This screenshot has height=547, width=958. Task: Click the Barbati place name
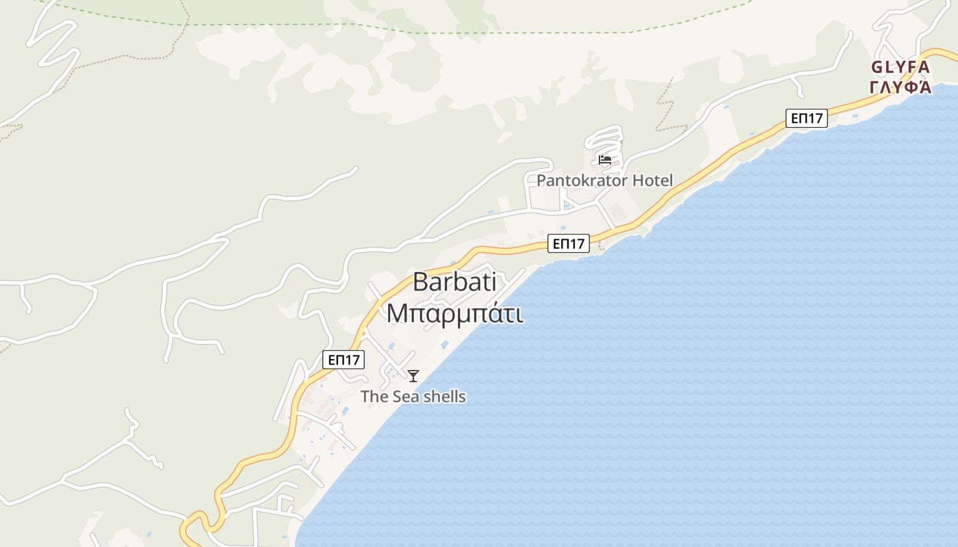[454, 282]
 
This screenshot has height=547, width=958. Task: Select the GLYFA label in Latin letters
[900, 67]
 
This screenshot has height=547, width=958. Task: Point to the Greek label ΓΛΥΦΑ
[900, 87]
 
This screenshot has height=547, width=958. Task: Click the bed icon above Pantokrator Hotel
[604, 160]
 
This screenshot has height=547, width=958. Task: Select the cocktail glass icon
[413, 375]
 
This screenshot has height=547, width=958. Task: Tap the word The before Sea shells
[374, 397]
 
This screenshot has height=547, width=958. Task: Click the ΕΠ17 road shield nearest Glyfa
[806, 118]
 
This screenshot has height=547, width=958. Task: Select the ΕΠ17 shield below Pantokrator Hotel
[568, 243]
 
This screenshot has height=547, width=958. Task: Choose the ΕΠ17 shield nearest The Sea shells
[344, 360]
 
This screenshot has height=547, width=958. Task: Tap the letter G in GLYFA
[877, 67]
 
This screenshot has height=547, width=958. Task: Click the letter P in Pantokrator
[541, 181]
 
